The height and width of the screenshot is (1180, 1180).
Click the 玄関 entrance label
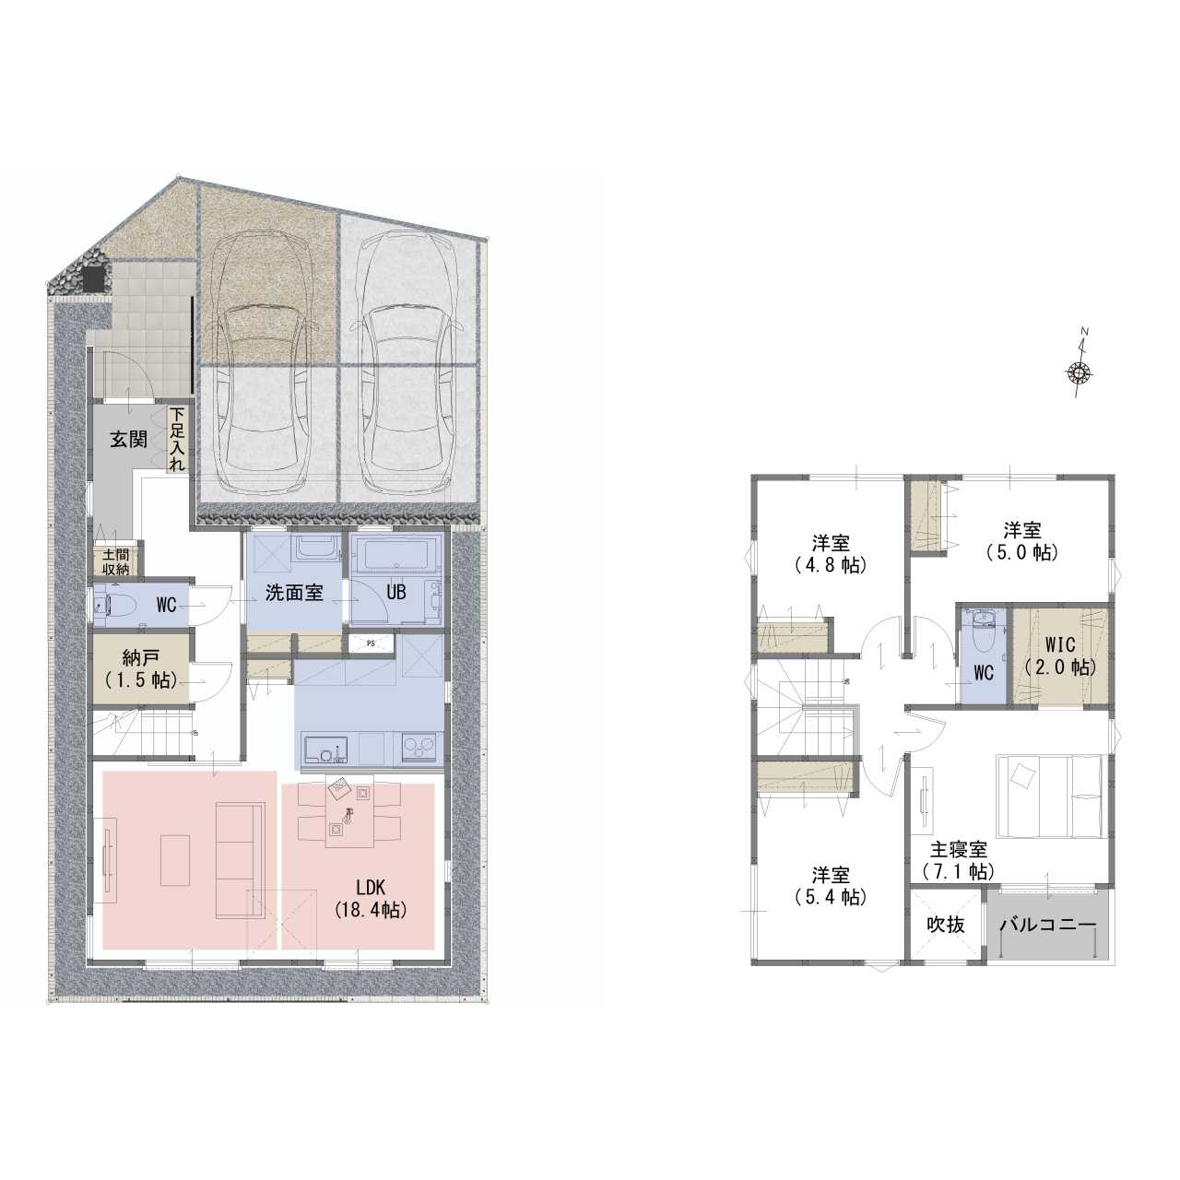coord(128,440)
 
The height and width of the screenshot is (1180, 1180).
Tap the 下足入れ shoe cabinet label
coord(176,439)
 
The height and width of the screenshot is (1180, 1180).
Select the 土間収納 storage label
coord(115,561)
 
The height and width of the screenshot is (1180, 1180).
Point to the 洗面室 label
coord(294,593)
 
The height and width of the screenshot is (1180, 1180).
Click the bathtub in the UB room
coord(395,555)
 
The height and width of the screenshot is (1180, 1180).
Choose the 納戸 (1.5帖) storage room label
coord(140,669)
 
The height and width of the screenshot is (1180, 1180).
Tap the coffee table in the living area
coord(176,860)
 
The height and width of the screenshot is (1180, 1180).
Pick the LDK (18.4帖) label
coord(371,898)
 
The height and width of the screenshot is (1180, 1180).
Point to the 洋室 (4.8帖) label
coord(831,554)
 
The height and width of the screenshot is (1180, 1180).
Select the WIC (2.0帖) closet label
coord(1060,655)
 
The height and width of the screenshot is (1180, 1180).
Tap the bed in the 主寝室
coord(1050,796)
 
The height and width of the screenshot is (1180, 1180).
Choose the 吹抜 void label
coord(946,925)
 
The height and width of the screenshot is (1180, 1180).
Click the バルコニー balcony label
coord(1048,925)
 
